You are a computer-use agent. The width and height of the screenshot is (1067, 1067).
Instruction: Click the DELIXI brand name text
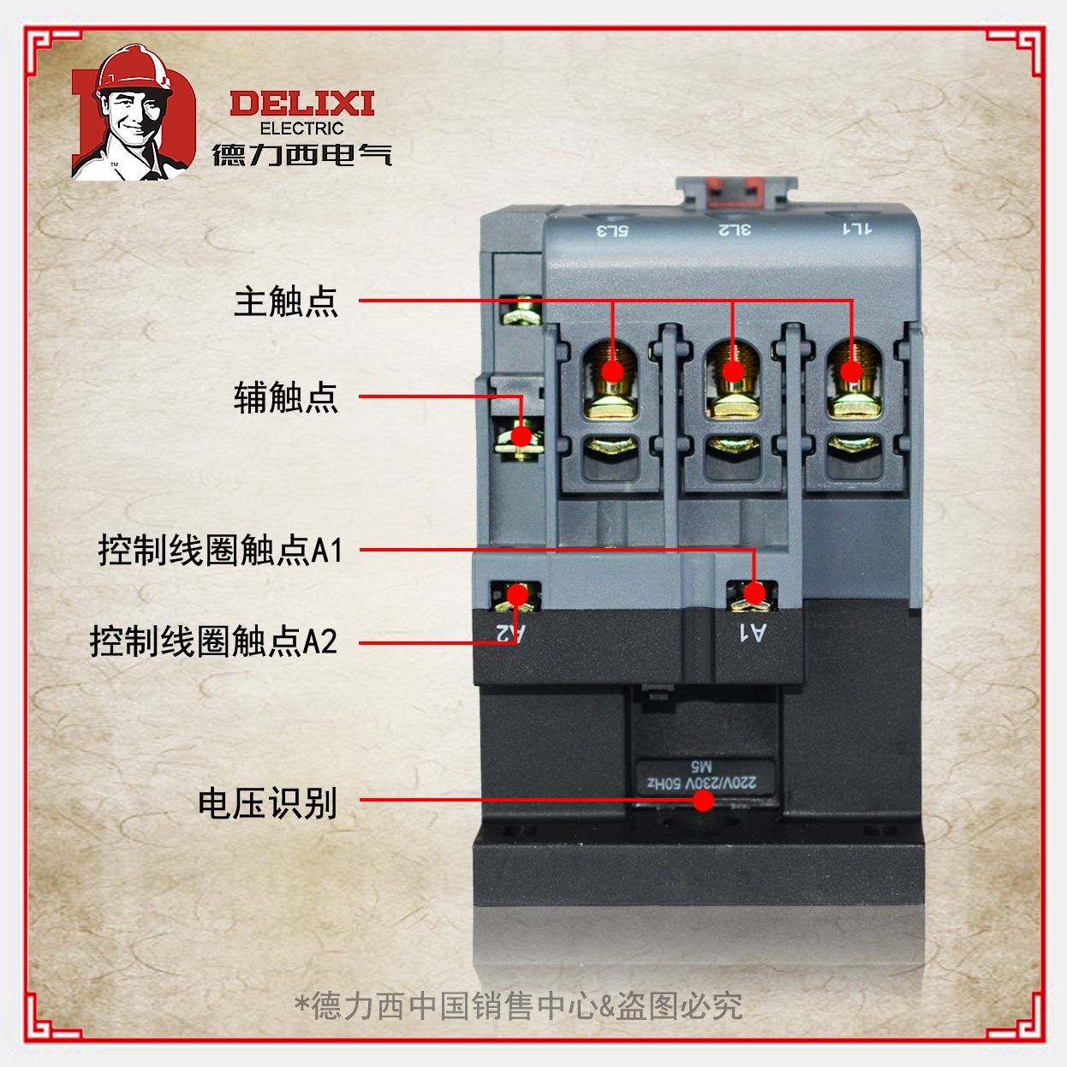click(x=301, y=104)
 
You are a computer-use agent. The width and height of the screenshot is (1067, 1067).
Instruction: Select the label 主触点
click(x=286, y=301)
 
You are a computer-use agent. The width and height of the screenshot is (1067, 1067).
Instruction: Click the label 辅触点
click(x=286, y=397)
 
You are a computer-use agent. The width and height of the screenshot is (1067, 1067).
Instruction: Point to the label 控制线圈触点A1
click(x=221, y=550)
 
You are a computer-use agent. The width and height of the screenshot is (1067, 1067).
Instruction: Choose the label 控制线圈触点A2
click(x=214, y=641)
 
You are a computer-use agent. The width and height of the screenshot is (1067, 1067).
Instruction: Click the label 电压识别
click(x=267, y=803)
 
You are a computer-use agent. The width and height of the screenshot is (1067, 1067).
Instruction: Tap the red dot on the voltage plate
click(x=703, y=800)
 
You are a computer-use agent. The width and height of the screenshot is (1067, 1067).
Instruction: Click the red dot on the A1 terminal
click(x=754, y=593)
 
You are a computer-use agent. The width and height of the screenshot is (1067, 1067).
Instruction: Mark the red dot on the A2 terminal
click(x=517, y=593)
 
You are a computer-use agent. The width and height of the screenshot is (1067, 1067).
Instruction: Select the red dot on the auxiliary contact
click(x=521, y=436)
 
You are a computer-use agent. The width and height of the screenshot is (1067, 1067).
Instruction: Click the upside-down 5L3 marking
click(x=612, y=230)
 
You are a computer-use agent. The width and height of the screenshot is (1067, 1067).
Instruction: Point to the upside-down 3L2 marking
click(x=735, y=229)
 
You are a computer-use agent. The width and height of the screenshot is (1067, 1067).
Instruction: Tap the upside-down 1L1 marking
click(x=856, y=229)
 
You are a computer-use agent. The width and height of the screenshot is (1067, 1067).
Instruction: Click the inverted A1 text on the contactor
click(x=753, y=633)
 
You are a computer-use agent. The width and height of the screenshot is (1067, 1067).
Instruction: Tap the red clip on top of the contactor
click(x=736, y=191)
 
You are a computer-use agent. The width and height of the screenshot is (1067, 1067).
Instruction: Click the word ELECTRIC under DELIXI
click(x=301, y=128)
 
